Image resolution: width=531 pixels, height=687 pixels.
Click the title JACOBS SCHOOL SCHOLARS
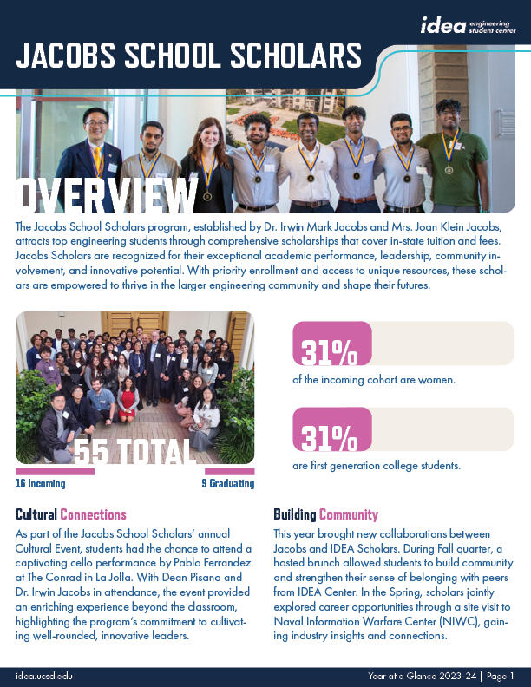pos(189,56)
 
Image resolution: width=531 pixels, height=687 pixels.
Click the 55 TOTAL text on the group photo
pos(134,451)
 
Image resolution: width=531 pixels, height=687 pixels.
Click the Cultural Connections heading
pos(71,514)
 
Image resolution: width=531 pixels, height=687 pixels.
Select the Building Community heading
pos(325,514)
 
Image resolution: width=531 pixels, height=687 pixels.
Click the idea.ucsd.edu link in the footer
pos(43,675)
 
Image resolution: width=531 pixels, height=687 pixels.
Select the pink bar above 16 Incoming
pos(55,471)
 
